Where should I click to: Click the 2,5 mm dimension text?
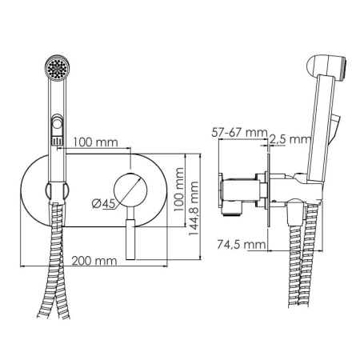coord(289,139)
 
